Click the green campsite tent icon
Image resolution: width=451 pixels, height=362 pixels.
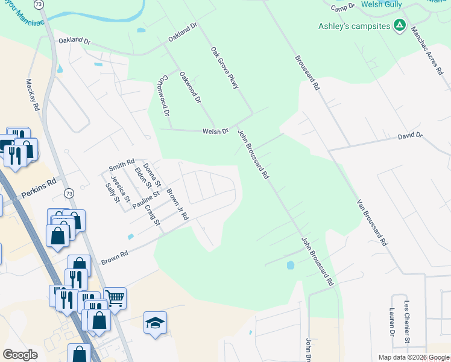399,25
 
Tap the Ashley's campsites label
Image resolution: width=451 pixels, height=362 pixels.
354,26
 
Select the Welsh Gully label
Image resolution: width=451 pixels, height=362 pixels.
383,4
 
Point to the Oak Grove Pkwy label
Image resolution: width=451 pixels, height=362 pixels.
225,68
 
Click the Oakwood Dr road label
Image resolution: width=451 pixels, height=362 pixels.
190,87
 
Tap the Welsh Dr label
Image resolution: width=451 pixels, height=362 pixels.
215,131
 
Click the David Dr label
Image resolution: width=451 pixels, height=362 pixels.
410,137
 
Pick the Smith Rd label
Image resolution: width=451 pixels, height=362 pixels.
121,164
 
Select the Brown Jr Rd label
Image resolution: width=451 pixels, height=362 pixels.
177,205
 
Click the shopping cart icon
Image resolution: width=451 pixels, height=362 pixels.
115,297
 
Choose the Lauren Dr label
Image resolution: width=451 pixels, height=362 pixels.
392,323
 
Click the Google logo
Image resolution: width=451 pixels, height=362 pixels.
20,355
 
